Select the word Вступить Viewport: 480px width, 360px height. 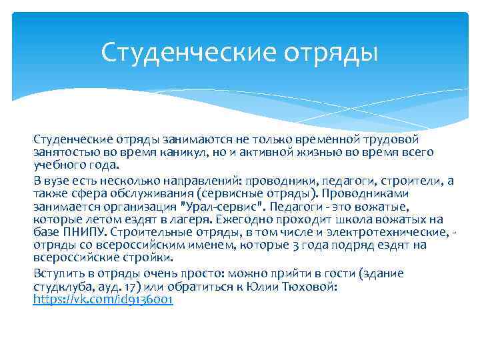tap(57, 273)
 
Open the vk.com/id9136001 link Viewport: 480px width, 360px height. tap(103, 300)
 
